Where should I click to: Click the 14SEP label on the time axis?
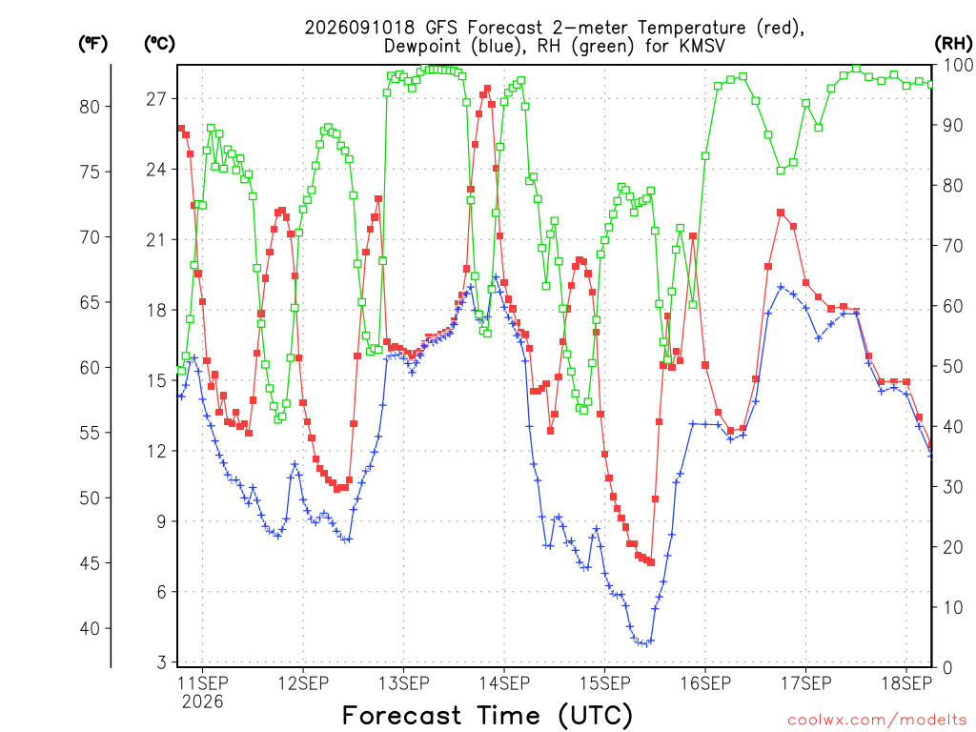pyautogui.click(x=504, y=683)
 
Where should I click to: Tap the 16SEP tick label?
pyautogui.click(x=705, y=683)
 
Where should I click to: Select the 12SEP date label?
pyautogui.click(x=303, y=683)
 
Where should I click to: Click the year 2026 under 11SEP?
pyautogui.click(x=202, y=702)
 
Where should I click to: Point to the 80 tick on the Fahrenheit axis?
pyautogui.click(x=90, y=107)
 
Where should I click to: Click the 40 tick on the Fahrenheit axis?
pyautogui.click(x=90, y=629)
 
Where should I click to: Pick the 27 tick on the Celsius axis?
pyautogui.click(x=156, y=99)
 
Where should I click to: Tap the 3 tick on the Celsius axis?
pyautogui.click(x=162, y=662)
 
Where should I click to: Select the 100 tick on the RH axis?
pyautogui.click(x=957, y=65)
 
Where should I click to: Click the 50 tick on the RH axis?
pyautogui.click(x=952, y=366)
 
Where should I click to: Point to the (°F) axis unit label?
pyautogui.click(x=92, y=44)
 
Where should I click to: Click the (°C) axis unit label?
pyautogui.click(x=159, y=44)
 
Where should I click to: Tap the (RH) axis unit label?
pyautogui.click(x=953, y=44)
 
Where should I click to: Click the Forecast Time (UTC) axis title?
pyautogui.click(x=487, y=716)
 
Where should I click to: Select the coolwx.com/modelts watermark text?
pyautogui.click(x=877, y=721)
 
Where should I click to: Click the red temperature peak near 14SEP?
pyautogui.click(x=487, y=89)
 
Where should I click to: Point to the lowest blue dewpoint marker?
pyautogui.click(x=646, y=643)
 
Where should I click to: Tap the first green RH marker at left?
pyautogui.click(x=181, y=371)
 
